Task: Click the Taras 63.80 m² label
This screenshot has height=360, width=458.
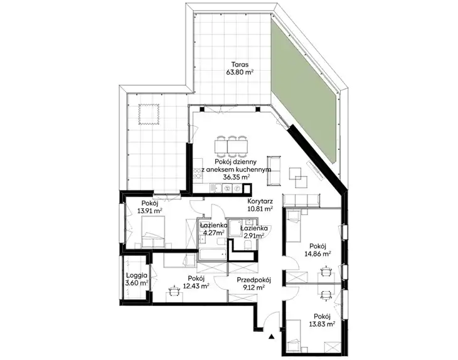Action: coord(240,68)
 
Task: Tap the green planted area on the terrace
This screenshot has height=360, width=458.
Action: coord(306,90)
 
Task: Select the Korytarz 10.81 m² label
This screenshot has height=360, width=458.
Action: coord(260,204)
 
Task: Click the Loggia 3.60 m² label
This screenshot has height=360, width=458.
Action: coord(137,279)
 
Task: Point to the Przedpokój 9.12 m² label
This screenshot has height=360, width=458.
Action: coord(253,283)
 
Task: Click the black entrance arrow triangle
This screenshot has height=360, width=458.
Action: coord(272,337)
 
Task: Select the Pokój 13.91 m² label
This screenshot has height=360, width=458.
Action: coord(150,206)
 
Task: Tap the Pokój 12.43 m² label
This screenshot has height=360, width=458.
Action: coord(196,282)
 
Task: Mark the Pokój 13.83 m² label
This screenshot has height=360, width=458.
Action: coord(322,320)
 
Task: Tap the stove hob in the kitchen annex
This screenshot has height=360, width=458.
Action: coord(198,173)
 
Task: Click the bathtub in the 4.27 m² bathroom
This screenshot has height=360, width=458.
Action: coord(213,254)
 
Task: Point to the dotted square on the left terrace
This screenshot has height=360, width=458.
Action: coord(149,114)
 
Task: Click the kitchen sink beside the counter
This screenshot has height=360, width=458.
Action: coord(216,189)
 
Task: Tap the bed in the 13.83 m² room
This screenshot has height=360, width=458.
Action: coord(294,336)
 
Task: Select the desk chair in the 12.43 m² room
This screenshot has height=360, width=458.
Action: coord(174,290)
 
